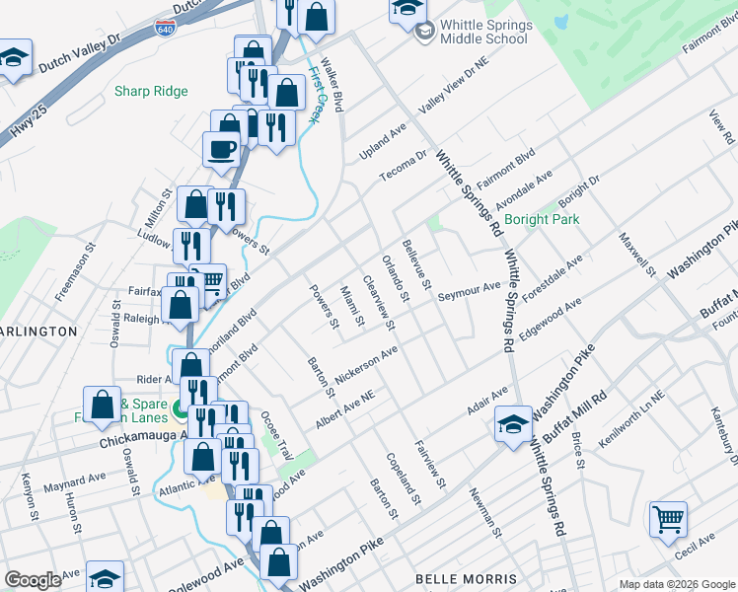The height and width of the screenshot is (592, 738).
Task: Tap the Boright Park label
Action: [x=542, y=219]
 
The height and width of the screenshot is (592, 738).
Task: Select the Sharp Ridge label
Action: [x=151, y=91]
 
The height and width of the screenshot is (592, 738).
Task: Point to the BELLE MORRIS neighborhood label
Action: [x=467, y=578]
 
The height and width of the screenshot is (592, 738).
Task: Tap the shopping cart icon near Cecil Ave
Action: [x=668, y=517]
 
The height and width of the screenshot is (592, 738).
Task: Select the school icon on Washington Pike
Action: [x=512, y=423]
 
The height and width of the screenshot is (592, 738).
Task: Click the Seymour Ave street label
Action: [x=470, y=292]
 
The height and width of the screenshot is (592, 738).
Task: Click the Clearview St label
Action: [x=379, y=302]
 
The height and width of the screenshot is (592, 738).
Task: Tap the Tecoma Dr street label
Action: [x=406, y=165]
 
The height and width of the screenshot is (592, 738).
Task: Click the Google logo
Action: [x=33, y=580]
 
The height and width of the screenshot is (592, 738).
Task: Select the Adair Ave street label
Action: [x=486, y=402]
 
